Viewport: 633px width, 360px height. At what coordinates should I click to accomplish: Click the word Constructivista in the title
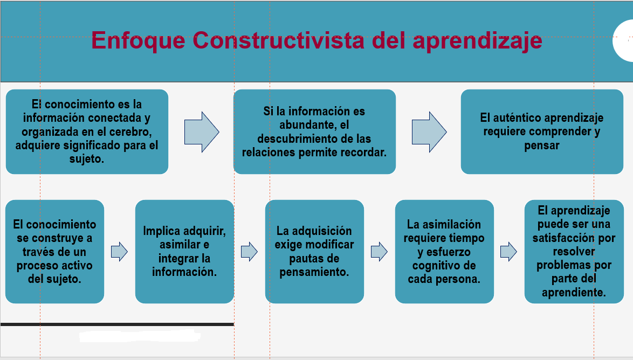(x=278, y=40)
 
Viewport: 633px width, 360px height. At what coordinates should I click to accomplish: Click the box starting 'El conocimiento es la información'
(x=87, y=131)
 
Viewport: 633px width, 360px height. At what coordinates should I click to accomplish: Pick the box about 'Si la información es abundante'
(x=314, y=131)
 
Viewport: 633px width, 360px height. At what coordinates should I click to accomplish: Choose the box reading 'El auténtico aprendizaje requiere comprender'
(x=542, y=131)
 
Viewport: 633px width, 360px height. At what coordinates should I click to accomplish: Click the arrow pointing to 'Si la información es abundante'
(x=202, y=132)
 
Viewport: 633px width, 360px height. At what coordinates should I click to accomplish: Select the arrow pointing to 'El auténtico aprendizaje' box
(x=429, y=132)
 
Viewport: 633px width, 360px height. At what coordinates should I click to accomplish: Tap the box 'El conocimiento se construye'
(x=54, y=252)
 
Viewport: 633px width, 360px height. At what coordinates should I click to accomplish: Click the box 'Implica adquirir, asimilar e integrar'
(x=184, y=252)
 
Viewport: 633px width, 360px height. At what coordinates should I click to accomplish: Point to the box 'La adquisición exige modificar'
(x=314, y=252)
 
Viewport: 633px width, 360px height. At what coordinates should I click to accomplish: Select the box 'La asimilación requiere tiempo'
(x=444, y=252)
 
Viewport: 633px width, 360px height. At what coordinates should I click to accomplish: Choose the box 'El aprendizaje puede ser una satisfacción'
(x=574, y=252)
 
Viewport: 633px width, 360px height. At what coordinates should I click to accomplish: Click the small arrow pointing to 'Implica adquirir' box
(x=120, y=252)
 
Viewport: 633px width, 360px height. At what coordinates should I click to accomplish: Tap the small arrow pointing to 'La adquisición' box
(x=250, y=252)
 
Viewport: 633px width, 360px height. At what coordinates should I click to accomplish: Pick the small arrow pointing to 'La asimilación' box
(x=379, y=252)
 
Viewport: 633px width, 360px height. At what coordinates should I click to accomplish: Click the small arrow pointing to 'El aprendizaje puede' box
(x=508, y=252)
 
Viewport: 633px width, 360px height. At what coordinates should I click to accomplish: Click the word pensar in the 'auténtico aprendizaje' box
(x=542, y=146)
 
